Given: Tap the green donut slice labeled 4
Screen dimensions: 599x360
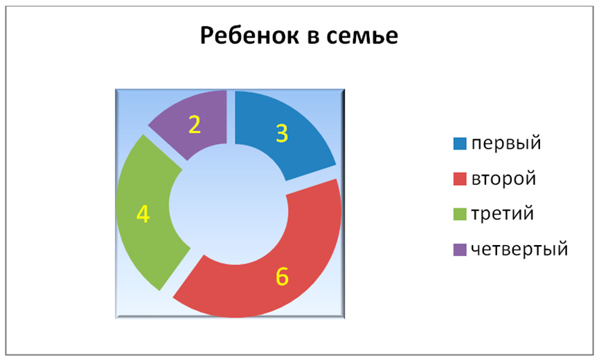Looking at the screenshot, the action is [x=143, y=214].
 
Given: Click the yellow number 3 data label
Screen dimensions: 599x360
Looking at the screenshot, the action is [x=282, y=133].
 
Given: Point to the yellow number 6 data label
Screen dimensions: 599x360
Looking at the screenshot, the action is [x=282, y=276].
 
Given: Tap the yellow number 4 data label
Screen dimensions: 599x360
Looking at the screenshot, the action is [x=143, y=214].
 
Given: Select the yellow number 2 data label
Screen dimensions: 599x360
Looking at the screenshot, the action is [x=195, y=125].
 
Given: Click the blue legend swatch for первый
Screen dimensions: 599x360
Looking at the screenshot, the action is [x=460, y=143].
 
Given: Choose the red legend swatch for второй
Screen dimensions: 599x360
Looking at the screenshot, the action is [x=460, y=179].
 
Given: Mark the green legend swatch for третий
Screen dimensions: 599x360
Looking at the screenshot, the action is [x=460, y=214].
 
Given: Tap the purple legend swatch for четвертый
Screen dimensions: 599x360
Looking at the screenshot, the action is [x=460, y=250].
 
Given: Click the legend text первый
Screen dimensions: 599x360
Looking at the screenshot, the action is [x=506, y=144].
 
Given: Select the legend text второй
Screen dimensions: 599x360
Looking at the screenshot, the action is [x=504, y=179].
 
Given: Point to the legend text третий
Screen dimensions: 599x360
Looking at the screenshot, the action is [x=502, y=214].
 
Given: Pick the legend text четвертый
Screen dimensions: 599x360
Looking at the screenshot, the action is [x=519, y=250].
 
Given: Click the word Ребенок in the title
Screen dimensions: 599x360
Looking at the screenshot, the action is [x=249, y=35].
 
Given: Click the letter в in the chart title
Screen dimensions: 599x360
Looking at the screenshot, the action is [x=313, y=37].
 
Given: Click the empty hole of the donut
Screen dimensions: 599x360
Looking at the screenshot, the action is [x=229, y=204].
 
